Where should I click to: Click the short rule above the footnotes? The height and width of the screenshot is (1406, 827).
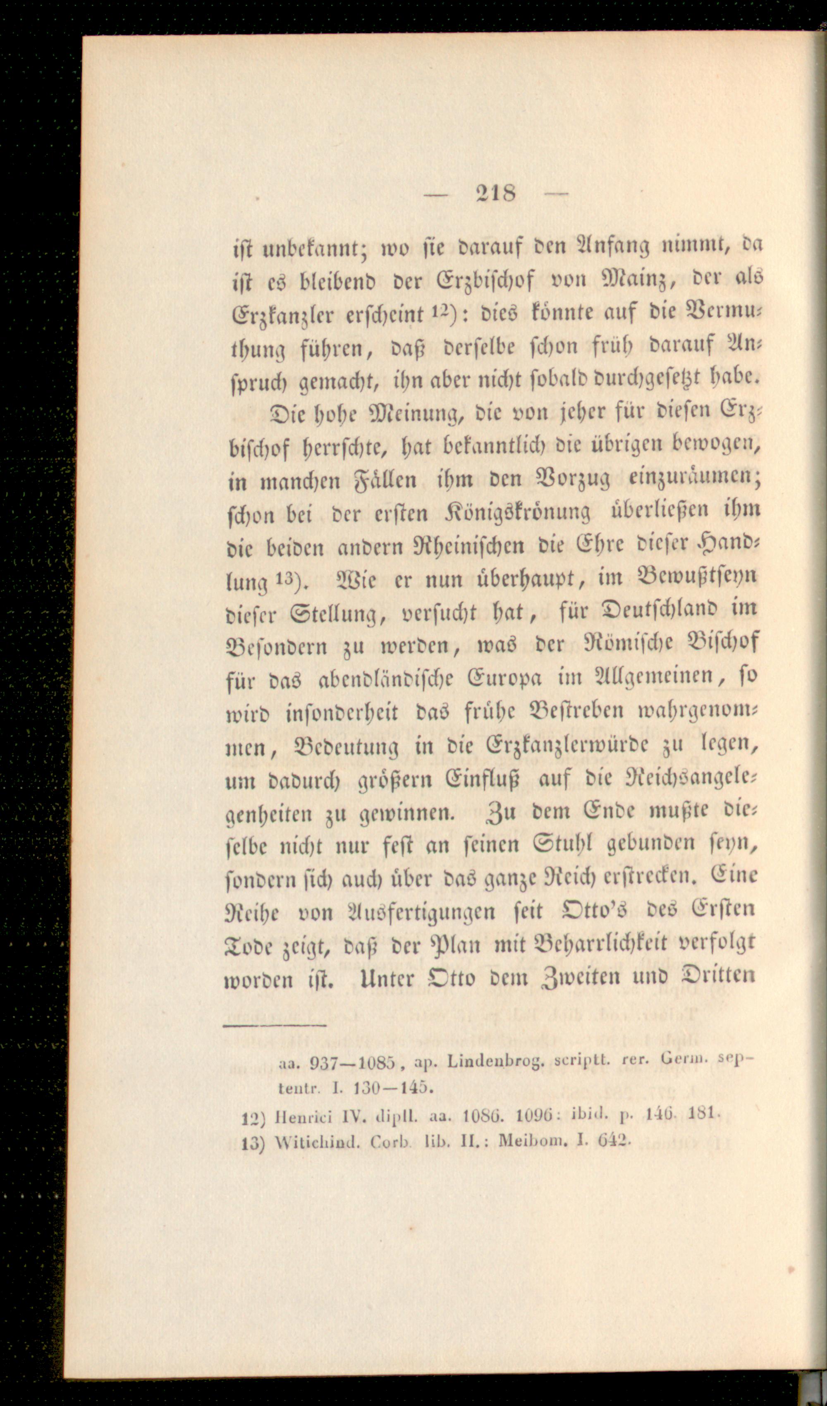click(x=274, y=1025)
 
